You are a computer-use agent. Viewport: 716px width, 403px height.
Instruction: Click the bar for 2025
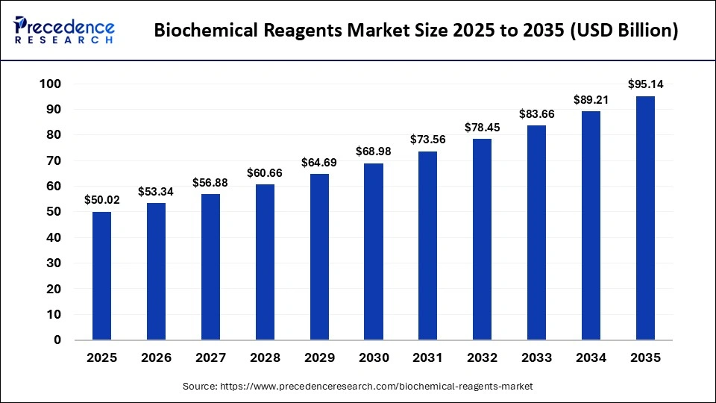click(x=102, y=275)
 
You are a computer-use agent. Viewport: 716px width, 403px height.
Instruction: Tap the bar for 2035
click(x=645, y=218)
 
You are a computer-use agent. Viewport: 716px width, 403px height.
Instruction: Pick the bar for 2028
click(x=265, y=262)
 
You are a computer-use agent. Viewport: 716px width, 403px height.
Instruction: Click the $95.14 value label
click(x=645, y=84)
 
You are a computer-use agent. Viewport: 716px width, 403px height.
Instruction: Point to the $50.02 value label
click(x=102, y=199)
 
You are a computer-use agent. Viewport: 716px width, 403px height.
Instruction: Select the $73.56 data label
click(x=428, y=139)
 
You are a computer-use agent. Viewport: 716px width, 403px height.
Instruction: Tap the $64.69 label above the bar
click(x=319, y=161)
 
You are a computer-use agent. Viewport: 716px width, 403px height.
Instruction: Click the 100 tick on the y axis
click(x=50, y=84)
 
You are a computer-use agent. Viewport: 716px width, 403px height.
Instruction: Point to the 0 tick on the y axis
click(x=57, y=340)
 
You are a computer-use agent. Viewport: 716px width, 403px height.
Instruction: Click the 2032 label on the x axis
click(x=483, y=358)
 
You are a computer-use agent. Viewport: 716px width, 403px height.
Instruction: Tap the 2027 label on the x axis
click(x=210, y=358)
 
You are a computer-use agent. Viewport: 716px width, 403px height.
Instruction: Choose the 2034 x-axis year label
click(x=591, y=358)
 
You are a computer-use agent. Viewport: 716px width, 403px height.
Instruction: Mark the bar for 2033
click(x=536, y=233)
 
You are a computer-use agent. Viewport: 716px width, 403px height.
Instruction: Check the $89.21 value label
click(x=591, y=99)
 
